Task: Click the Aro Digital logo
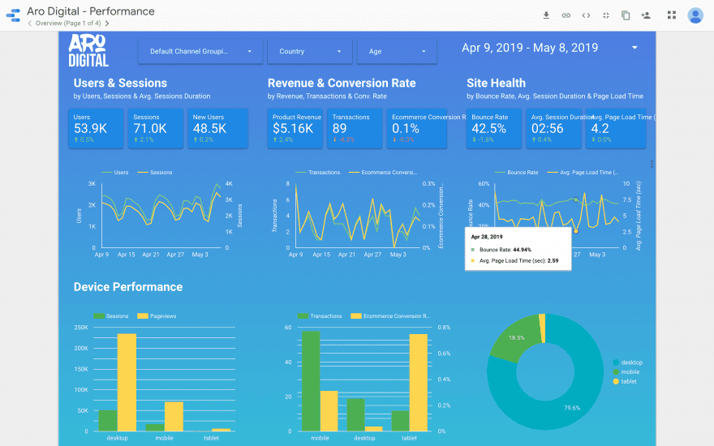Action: (x=88, y=50)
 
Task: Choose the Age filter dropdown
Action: (x=396, y=51)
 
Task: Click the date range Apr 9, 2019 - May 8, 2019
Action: (x=530, y=48)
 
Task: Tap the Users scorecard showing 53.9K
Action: (x=97, y=128)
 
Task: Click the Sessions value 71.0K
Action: (x=150, y=128)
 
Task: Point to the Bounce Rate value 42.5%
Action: (x=489, y=128)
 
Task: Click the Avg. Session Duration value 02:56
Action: (x=547, y=128)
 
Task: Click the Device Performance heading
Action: (x=127, y=287)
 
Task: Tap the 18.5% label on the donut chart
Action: (x=516, y=337)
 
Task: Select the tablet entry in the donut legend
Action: (x=629, y=381)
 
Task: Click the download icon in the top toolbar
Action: (x=546, y=15)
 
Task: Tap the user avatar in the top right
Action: (x=695, y=15)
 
